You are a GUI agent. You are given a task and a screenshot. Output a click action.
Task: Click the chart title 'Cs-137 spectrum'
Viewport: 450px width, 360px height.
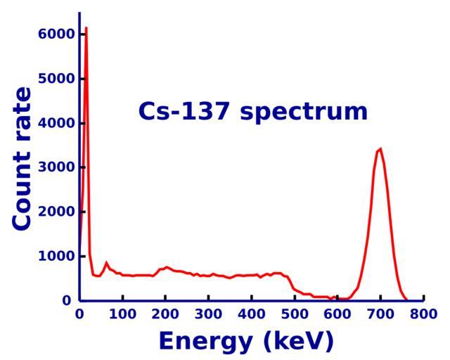click(252, 112)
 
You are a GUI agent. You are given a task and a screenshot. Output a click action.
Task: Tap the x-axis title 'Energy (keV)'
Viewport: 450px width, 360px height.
click(246, 341)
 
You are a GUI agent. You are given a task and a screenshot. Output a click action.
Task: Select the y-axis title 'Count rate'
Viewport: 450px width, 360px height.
click(22, 158)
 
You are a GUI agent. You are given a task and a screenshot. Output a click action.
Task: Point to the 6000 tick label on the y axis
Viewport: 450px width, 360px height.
click(56, 34)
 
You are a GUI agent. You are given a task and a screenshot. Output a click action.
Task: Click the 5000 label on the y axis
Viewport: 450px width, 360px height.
click(56, 79)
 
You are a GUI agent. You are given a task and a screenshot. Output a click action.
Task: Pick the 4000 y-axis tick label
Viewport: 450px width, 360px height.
click(56, 123)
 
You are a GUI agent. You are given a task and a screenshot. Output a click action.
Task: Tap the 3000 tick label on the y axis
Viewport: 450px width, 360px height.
click(56, 167)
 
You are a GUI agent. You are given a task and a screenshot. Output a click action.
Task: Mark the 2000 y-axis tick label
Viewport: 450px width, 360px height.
click(56, 212)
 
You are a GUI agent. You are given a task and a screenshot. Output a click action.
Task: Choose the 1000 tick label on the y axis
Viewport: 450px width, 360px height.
click(56, 257)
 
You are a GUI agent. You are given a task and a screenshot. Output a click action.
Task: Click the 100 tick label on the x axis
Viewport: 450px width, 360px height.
click(122, 314)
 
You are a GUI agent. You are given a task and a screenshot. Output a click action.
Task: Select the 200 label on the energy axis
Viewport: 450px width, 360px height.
click(165, 314)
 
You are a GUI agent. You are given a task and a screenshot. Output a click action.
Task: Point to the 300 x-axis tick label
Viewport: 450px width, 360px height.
click(208, 314)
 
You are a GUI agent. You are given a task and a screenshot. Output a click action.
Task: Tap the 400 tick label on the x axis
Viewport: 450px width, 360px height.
click(252, 314)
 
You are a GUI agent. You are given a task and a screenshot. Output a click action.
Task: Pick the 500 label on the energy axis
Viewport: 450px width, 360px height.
click(295, 314)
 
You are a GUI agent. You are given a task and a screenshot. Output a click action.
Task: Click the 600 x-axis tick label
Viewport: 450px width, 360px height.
click(337, 314)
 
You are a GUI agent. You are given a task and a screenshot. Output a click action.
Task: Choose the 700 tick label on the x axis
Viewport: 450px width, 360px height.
click(380, 314)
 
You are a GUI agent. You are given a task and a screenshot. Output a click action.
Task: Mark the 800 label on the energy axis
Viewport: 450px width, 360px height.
click(423, 314)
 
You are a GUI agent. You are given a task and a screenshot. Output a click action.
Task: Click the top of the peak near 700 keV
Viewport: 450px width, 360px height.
click(380, 148)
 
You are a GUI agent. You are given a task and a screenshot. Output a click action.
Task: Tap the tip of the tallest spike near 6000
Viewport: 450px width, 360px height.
click(86, 28)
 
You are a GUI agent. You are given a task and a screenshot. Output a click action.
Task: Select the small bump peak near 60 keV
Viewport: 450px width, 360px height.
click(106, 263)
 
